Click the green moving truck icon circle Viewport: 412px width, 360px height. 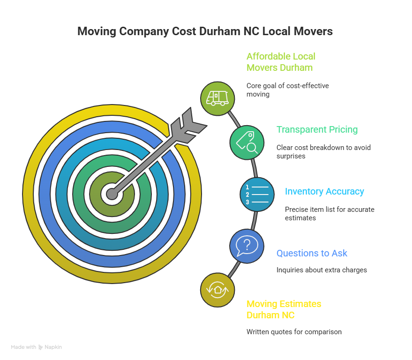tap(217, 98)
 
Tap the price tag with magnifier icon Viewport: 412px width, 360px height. tap(247, 142)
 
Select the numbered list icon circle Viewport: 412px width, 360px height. tap(257, 194)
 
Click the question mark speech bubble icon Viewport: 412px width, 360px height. tap(247, 246)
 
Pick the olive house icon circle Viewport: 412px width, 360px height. tap(217, 290)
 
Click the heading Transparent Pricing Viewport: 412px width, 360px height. tap(317, 129)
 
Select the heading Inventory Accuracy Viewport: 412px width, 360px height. tap(324, 191)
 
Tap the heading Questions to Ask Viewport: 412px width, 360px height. tap(312, 253)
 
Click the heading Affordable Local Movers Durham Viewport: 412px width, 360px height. tap(281, 62)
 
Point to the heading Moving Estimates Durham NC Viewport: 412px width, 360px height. tap(284, 309)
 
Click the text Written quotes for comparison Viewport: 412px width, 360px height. tap(294, 331)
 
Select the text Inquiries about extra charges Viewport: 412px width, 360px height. tap(322, 270)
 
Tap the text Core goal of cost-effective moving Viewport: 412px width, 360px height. tap(287, 90)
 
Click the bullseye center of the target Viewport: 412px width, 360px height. tap(112, 194)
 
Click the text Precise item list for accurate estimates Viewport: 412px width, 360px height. tap(329, 213)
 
